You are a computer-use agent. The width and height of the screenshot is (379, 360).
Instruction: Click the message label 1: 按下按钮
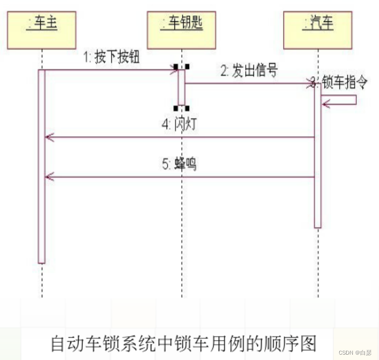click(111, 58)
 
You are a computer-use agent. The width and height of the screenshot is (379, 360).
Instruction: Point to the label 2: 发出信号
click(249, 71)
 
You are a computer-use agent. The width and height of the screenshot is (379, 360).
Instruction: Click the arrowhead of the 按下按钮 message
click(175, 70)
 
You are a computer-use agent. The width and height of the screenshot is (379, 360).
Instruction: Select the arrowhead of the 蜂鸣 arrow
click(48, 177)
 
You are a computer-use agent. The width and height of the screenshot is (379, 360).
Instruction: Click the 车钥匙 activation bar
click(181, 87)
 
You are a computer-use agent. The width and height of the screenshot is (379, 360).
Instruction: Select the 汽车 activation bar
click(317, 155)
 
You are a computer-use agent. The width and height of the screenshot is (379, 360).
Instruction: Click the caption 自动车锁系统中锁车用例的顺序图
click(184, 344)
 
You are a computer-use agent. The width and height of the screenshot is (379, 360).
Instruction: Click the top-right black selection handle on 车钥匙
click(187, 66)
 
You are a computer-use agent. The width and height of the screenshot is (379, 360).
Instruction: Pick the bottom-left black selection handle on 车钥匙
click(176, 108)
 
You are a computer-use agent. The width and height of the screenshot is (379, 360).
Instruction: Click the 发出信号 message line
click(247, 83)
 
